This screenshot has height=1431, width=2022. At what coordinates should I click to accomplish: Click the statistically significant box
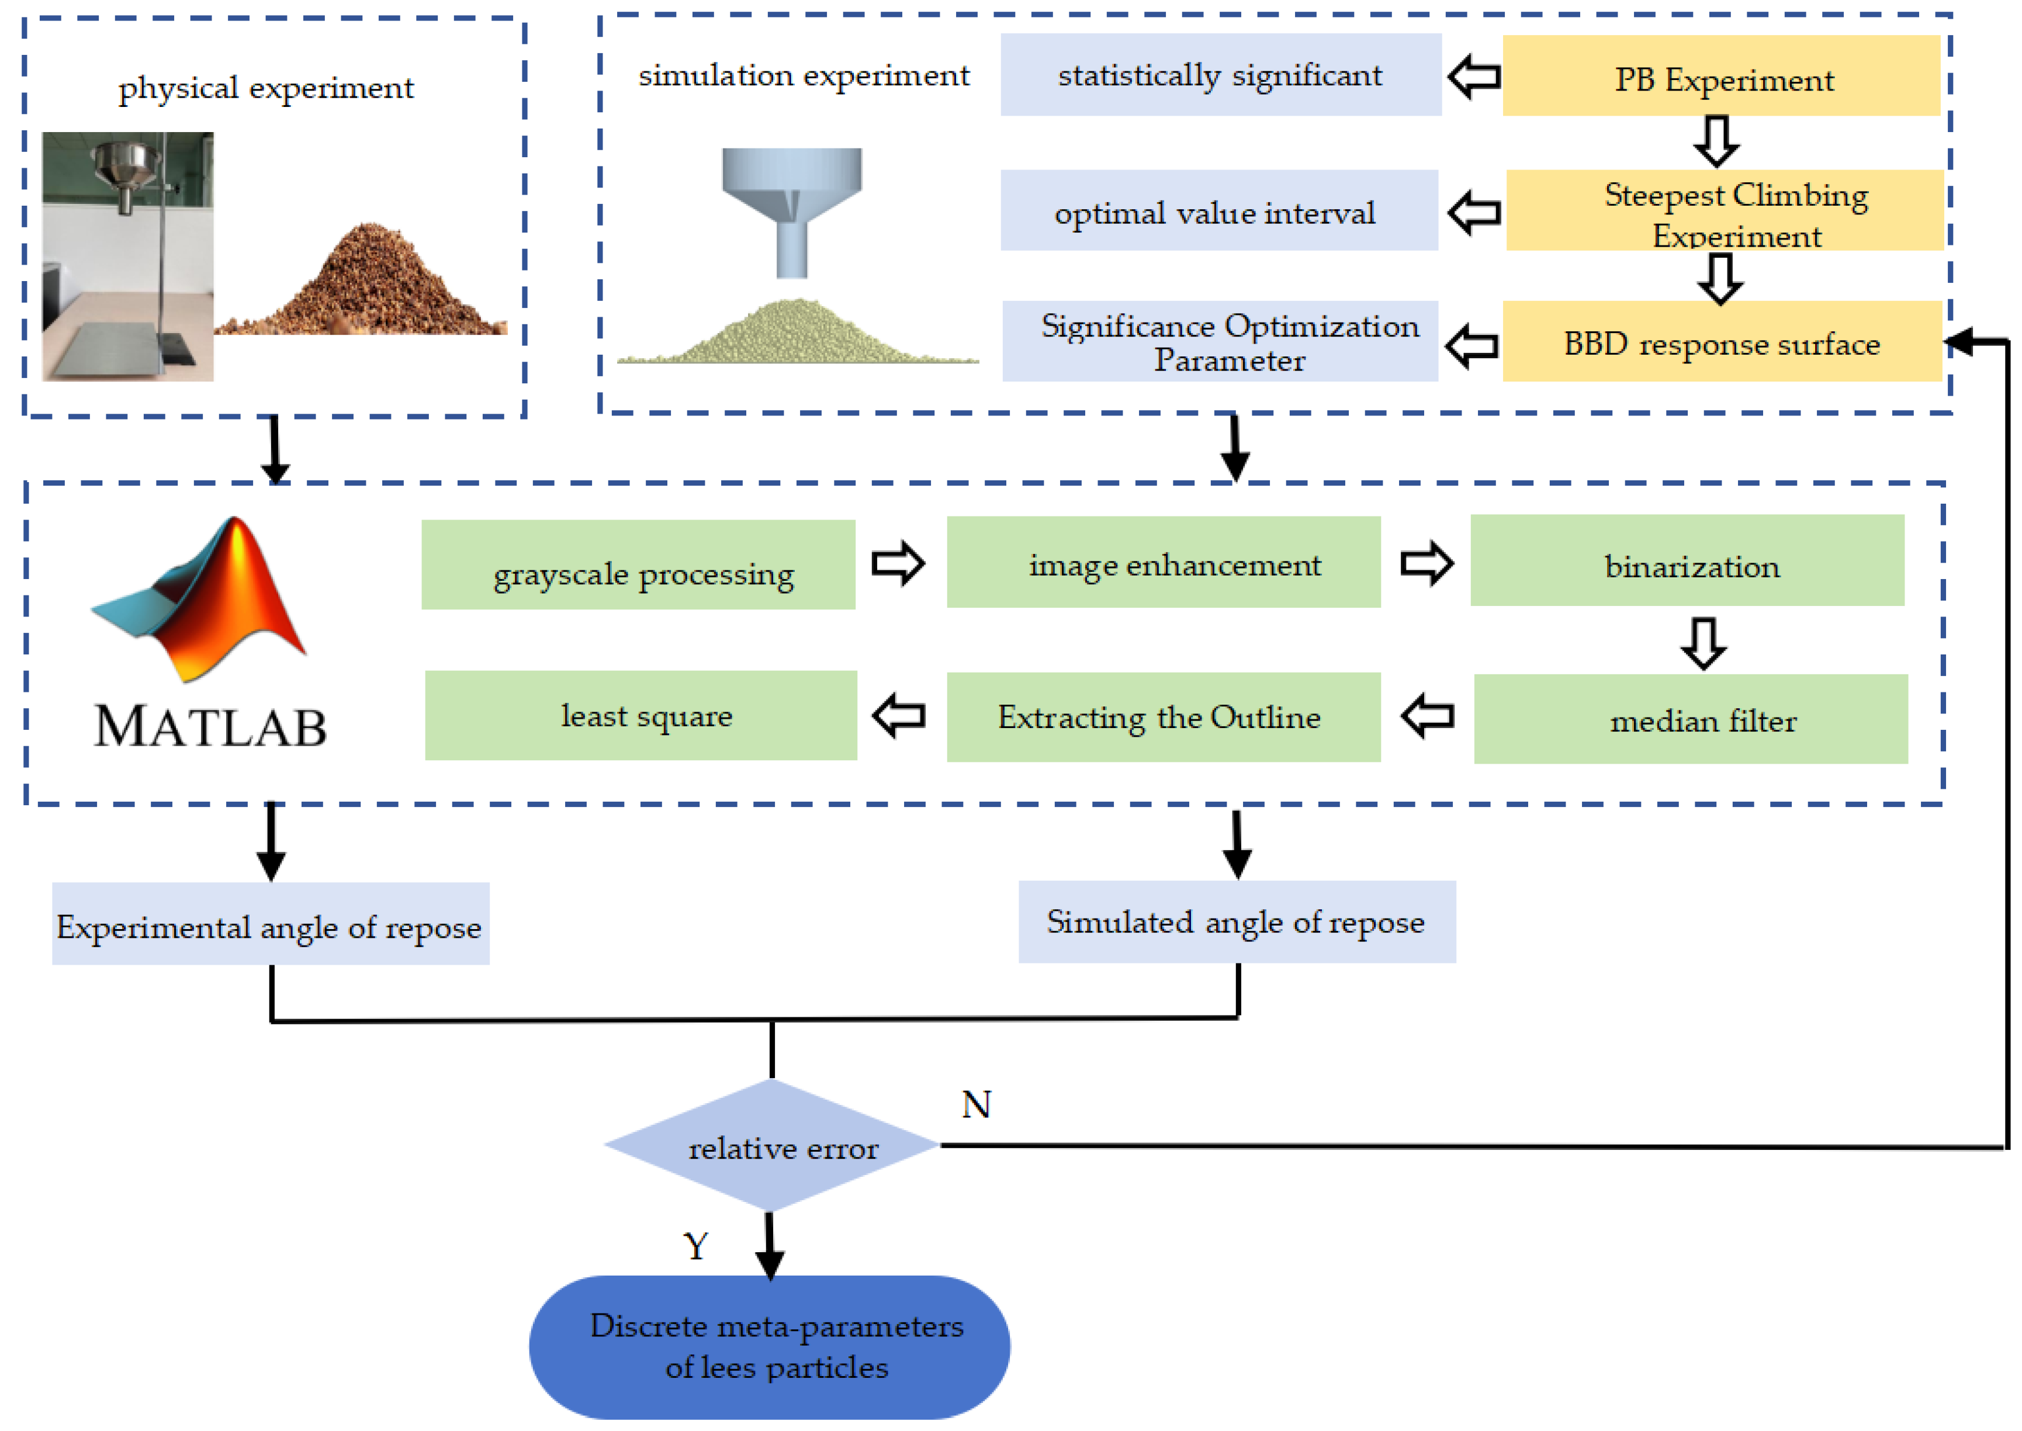tap(1220, 75)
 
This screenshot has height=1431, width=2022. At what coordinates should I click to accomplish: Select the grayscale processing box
tap(638, 565)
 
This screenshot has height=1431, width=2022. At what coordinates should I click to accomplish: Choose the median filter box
tap(1690, 719)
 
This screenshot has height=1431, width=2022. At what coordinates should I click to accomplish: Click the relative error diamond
tap(772, 1145)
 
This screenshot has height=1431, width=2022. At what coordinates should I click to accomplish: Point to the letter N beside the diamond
tap(976, 1104)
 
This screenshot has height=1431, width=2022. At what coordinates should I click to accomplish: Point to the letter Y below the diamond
tap(695, 1246)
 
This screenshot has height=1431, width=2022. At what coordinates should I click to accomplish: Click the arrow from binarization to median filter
tap(1703, 642)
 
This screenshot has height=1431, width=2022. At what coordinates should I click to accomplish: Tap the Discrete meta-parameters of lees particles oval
tap(769, 1346)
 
